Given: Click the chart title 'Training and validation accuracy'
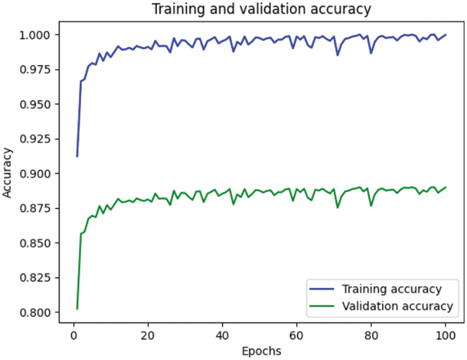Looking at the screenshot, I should [261, 9].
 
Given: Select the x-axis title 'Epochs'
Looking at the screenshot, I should [261, 351].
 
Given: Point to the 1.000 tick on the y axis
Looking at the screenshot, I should [36, 35].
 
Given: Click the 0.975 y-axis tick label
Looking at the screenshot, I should [36, 70].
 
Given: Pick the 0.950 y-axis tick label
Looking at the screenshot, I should [36, 104].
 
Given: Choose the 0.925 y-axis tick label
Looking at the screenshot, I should [36, 139].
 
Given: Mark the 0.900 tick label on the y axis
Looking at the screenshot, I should [36, 174].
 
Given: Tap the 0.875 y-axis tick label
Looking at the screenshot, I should [36, 208].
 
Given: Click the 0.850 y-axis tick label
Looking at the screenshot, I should [36, 243].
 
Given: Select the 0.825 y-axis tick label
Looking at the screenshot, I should [36, 278].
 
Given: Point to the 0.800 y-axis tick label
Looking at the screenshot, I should [36, 312].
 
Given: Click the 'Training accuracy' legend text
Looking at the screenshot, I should [392, 288].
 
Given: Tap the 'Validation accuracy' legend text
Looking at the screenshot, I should [397, 306].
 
